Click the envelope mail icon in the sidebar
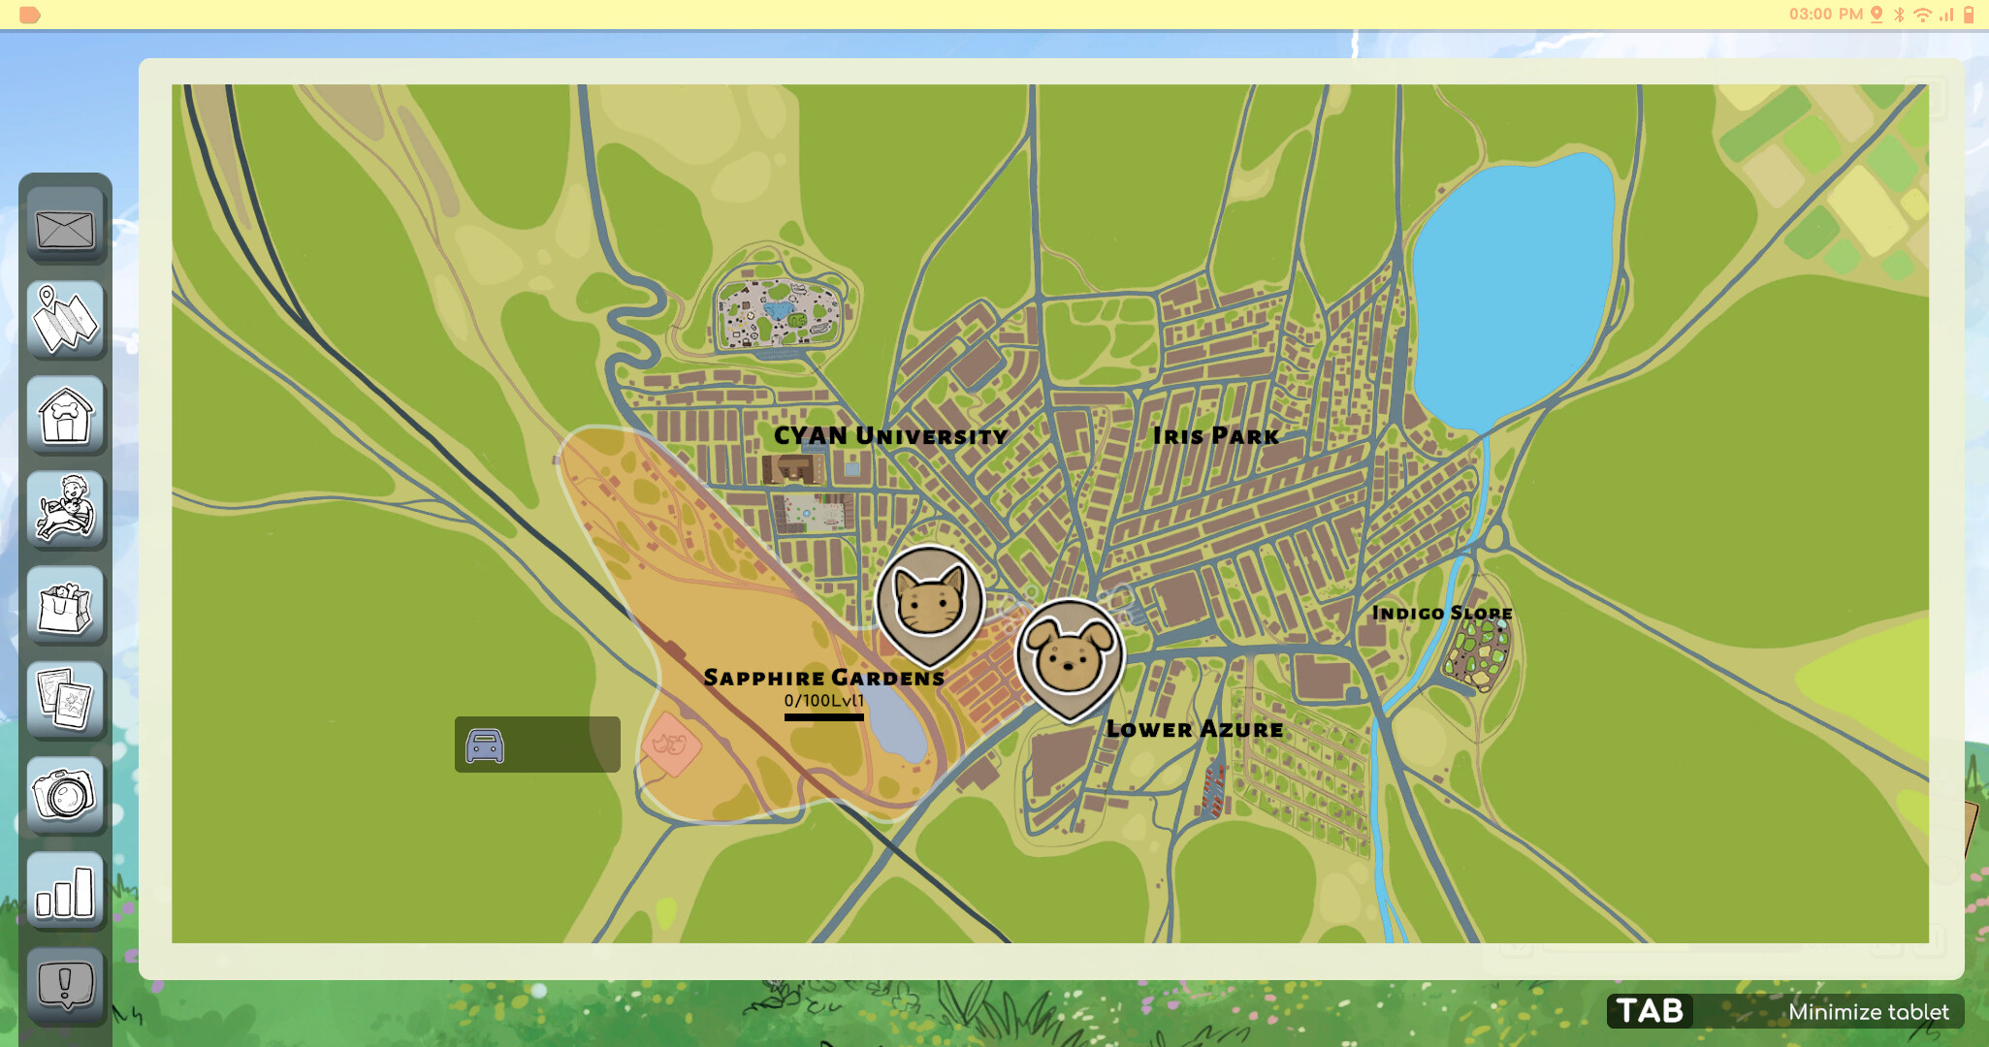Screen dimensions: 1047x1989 (65, 229)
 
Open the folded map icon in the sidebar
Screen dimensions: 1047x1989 (65, 320)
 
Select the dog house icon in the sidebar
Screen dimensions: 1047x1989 (65, 415)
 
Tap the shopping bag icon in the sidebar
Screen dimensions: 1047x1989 (65, 605)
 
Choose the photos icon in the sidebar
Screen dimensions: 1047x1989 (65, 699)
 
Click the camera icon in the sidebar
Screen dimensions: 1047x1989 (65, 795)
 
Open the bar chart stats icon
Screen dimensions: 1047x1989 (65, 890)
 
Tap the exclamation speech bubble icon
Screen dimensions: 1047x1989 (65, 985)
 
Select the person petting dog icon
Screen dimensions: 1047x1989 (65, 509)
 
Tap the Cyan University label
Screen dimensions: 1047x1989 (890, 436)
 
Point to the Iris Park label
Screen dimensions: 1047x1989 (1216, 436)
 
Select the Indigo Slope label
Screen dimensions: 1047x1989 (1442, 613)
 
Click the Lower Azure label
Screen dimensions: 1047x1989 (1195, 729)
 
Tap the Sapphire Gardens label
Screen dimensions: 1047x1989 (824, 677)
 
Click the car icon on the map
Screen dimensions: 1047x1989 (485, 746)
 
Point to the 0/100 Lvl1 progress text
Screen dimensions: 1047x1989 (823, 700)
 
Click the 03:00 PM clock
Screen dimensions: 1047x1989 (1825, 14)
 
